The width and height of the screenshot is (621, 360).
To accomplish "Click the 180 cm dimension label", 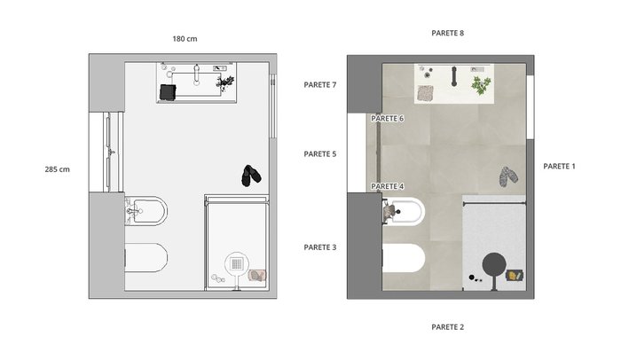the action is point(185,39).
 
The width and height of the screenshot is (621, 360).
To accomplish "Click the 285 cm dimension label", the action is point(57,169).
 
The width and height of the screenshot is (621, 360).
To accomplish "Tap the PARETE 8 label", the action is point(447,33).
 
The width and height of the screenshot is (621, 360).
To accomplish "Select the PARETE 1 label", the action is point(559,167).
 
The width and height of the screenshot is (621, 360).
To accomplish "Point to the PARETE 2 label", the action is point(447,327).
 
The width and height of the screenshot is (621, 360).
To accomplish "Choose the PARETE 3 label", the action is point(320,247).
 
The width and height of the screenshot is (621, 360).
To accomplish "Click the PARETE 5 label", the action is point(320,154).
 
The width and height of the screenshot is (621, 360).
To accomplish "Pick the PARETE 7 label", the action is point(320,85).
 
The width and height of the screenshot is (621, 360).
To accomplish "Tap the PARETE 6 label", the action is point(388,119).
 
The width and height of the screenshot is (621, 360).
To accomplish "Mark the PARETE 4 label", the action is point(388,186).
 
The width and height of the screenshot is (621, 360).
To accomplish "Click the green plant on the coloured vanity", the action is point(481,85).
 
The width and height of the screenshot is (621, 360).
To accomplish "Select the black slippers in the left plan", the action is point(251,176).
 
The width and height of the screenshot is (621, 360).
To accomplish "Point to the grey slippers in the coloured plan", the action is point(508,176).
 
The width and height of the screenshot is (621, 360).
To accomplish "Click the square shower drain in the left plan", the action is point(237,263).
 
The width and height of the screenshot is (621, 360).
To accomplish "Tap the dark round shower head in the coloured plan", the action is point(494,264).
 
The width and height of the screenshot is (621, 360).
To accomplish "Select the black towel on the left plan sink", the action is point(168,92).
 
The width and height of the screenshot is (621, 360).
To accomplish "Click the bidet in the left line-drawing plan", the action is point(146,211).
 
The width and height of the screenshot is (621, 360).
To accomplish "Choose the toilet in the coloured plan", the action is point(404,258).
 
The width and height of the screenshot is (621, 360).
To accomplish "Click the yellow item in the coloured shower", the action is point(513,275).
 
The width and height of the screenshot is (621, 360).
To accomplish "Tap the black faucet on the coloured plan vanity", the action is point(454,76).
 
